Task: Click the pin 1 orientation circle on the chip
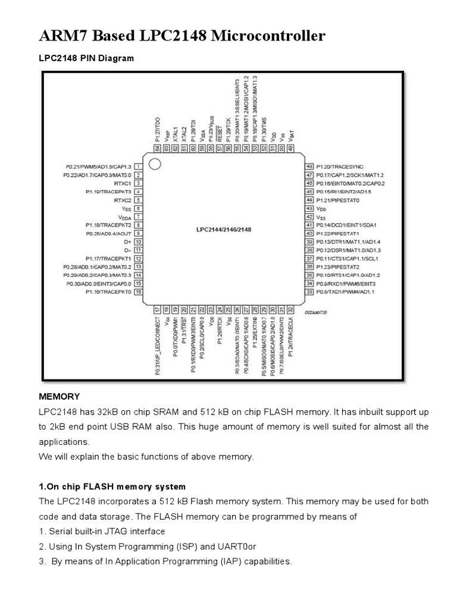(x=154, y=164)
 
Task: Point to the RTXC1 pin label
(x=122, y=184)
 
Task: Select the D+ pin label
(x=127, y=242)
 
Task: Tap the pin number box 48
(x=308, y=167)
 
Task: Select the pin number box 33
(x=308, y=292)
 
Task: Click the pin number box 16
(x=137, y=292)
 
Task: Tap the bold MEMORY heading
(x=59, y=396)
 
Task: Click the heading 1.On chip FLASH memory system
(x=112, y=486)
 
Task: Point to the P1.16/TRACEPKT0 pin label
(x=108, y=292)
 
